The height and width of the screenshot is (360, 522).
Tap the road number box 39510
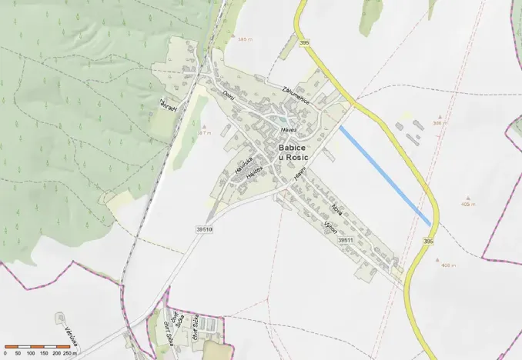(x=204, y=229)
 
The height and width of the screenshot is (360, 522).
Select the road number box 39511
(x=346, y=240)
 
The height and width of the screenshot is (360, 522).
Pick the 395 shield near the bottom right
(x=428, y=242)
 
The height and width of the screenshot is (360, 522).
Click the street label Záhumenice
(x=296, y=92)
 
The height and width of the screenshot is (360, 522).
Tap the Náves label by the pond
(x=289, y=130)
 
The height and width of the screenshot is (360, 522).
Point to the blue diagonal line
(x=385, y=176)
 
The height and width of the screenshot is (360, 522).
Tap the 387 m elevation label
(x=204, y=133)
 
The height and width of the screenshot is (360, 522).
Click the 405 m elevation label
(x=468, y=204)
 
